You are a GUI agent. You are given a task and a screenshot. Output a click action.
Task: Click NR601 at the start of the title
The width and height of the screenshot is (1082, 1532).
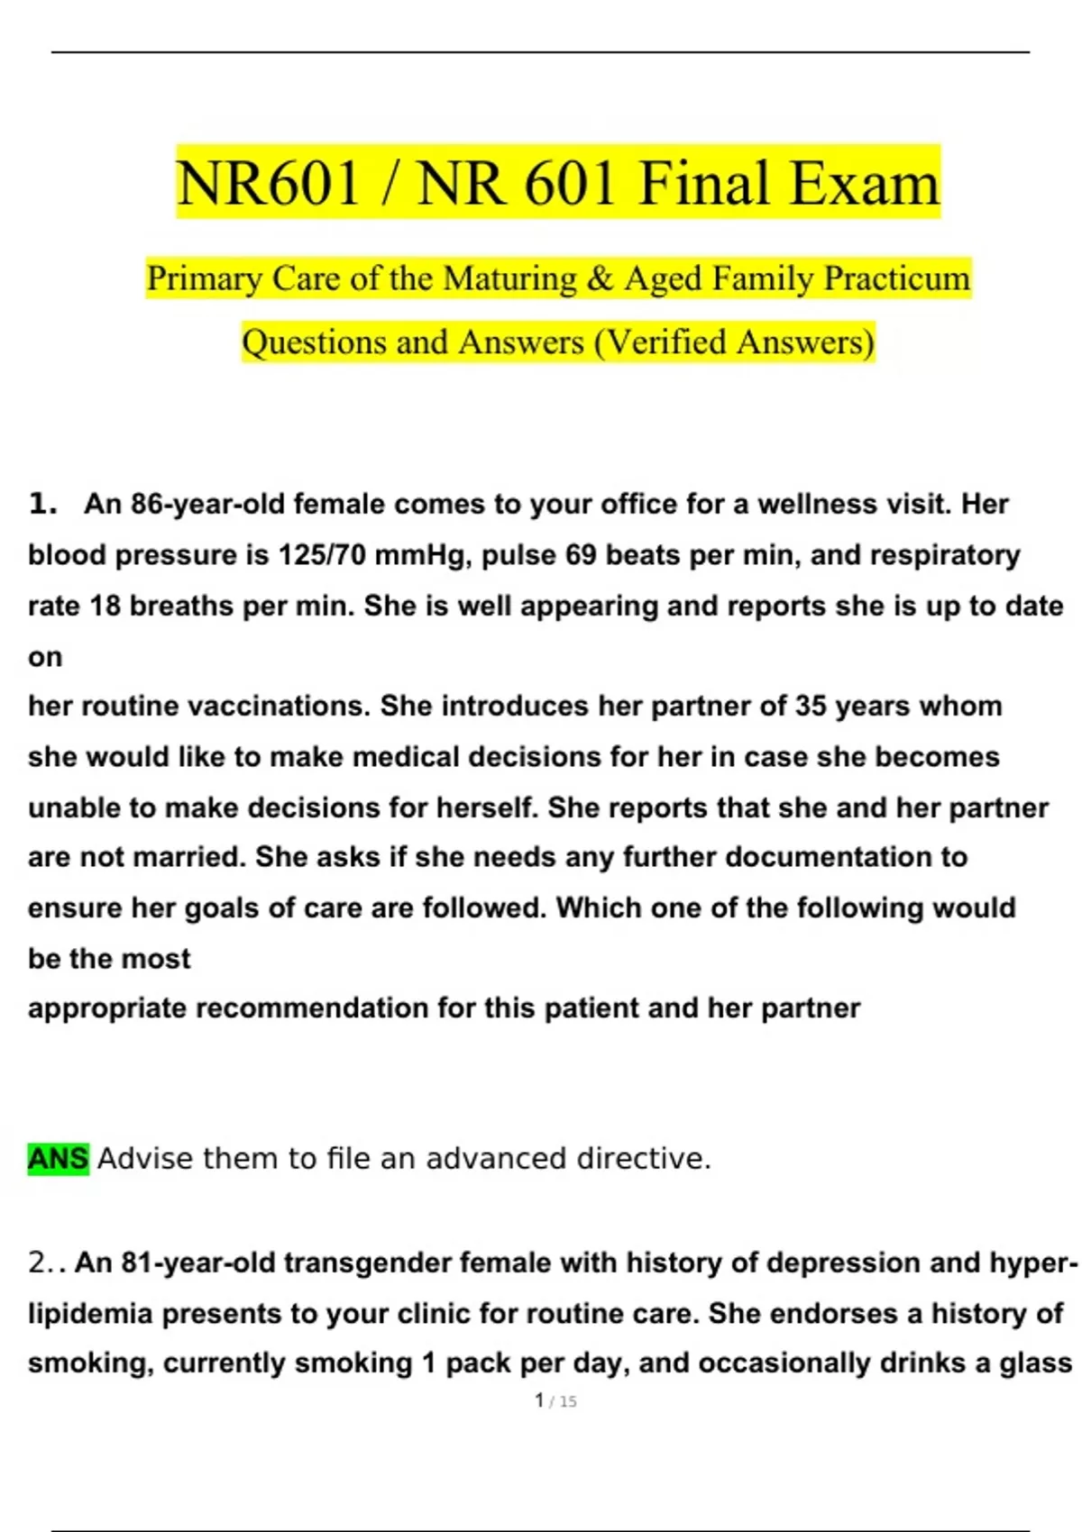[268, 183]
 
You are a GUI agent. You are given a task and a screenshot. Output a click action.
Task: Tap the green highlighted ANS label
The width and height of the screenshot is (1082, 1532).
[58, 1158]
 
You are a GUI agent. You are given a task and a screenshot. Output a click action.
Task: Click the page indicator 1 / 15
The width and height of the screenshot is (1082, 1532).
[555, 1401]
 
